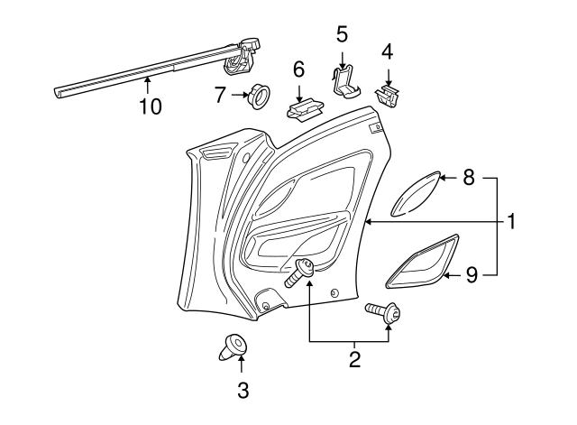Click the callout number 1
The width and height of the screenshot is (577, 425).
coord(511,221)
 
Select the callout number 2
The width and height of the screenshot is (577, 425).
coord(354,360)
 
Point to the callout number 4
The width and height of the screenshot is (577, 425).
coord(388,51)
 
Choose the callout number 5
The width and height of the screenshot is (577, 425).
coord(342,34)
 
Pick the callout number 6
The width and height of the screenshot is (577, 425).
coord(298,69)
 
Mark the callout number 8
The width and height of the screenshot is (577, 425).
coord(469,179)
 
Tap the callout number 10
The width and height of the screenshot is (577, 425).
coord(151,106)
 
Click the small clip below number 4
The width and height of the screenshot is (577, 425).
coord(390,97)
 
